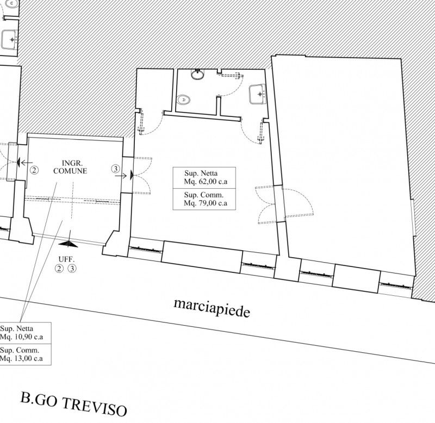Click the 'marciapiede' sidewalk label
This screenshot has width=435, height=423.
[x=212, y=308]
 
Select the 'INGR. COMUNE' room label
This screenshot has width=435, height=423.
[x=70, y=167]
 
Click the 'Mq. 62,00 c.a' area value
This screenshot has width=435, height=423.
[x=206, y=182]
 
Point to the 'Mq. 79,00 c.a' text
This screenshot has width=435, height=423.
[x=206, y=203]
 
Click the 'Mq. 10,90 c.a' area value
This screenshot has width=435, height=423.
[x=21, y=337]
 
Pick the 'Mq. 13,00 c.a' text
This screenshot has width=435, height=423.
[x=21, y=358]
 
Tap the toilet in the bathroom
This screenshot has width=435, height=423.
[x=184, y=99]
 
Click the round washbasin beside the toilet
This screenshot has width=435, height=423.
[x=198, y=74]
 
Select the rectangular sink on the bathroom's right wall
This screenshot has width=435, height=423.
[x=258, y=94]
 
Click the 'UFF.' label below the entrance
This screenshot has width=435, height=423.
[x=66, y=259]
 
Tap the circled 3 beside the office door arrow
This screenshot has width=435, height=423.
[x=116, y=169]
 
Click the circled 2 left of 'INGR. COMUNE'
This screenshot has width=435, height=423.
[x=34, y=170]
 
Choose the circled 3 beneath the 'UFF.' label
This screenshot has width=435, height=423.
[x=72, y=269]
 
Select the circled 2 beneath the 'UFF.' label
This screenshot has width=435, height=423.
[x=59, y=269]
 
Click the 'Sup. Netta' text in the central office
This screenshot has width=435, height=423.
[x=201, y=173]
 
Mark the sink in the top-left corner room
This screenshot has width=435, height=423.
[x=9, y=39]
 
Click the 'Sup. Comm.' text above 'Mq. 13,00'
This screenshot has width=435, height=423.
[x=20, y=350]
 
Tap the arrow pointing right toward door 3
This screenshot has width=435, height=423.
[x=121, y=176]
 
